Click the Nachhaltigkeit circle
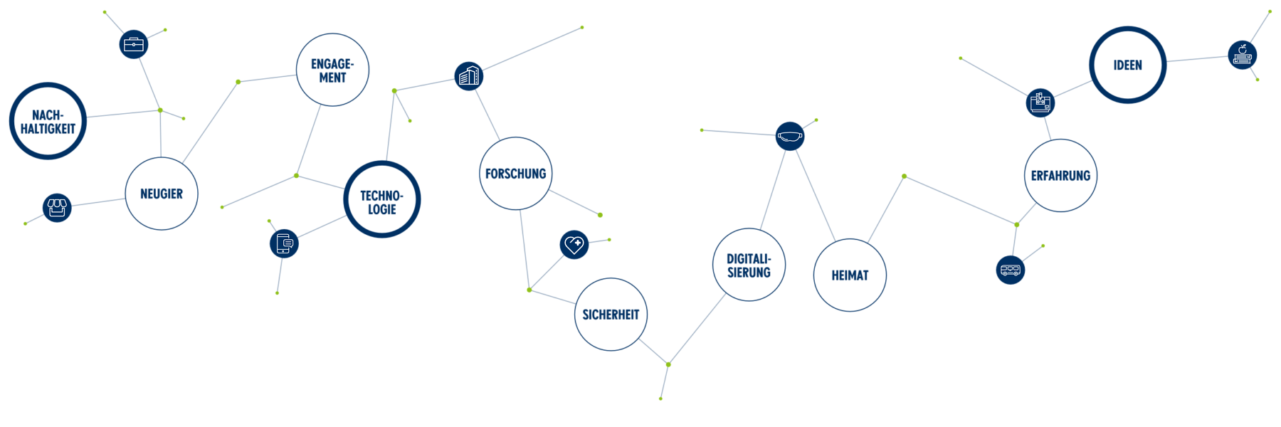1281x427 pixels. (x=48, y=121)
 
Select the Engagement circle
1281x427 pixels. (x=332, y=70)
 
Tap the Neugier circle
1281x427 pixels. (x=162, y=194)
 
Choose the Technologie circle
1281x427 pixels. (x=382, y=200)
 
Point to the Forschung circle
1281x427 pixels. (x=515, y=174)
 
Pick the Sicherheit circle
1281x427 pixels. (x=611, y=315)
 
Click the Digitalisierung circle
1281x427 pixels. (x=749, y=265)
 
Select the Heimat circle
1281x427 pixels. (x=850, y=275)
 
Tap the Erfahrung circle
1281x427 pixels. (x=1060, y=175)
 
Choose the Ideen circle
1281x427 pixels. (x=1127, y=65)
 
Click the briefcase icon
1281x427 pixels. (x=133, y=44)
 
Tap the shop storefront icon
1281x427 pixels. (x=57, y=208)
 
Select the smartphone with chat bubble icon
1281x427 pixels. (x=284, y=243)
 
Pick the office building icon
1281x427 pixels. (x=468, y=75)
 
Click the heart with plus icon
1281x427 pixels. (x=574, y=245)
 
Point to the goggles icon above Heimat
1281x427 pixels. (x=790, y=135)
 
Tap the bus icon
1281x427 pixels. (x=1010, y=270)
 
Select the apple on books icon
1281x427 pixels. (x=1243, y=55)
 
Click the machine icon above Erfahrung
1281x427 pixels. (x=1040, y=102)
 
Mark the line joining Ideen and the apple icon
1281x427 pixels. (x=1197, y=59)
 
